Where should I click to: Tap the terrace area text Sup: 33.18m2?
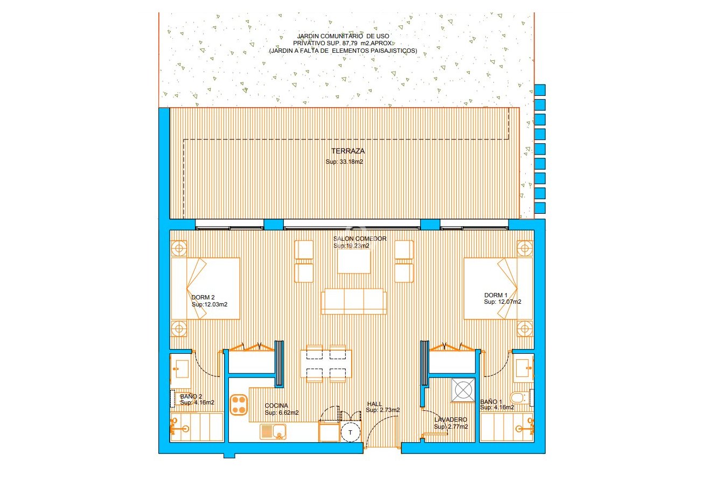[344, 162]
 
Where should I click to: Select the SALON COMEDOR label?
[359, 239]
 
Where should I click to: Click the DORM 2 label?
[203, 297]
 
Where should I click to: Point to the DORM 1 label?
[496, 295]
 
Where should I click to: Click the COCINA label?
[276, 406]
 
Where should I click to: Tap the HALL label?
[374, 403]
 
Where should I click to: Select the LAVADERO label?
[451, 420]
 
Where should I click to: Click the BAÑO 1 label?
[491, 401]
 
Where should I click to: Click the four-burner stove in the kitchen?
[238, 404]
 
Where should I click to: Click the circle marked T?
[351, 432]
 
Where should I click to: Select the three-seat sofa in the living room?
[354, 302]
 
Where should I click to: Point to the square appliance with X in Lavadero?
[463, 389]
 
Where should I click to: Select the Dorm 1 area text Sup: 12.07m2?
[502, 302]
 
